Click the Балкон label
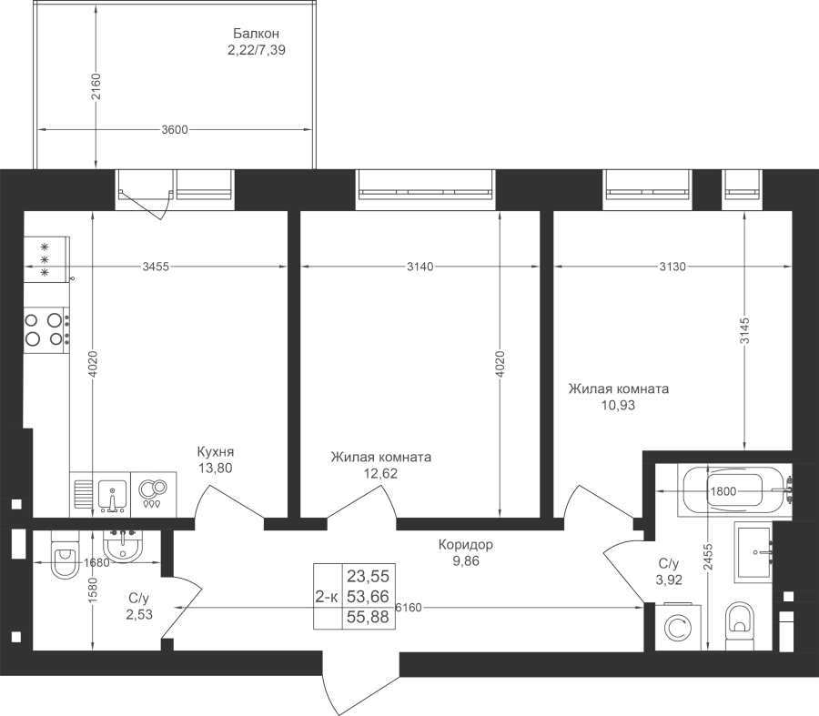point(256,34)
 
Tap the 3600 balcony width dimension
point(175,129)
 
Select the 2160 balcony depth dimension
point(95,87)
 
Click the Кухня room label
point(215,452)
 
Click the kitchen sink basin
point(112,494)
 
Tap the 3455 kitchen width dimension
point(156,267)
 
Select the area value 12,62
point(380,474)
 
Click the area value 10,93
point(619,405)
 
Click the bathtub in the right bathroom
point(734,491)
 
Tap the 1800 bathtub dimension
point(723,491)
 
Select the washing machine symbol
point(678,628)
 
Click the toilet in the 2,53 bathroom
point(64,554)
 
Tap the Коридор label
point(465,545)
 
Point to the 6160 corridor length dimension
point(409,608)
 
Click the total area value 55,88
point(369,618)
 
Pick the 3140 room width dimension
point(420,267)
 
